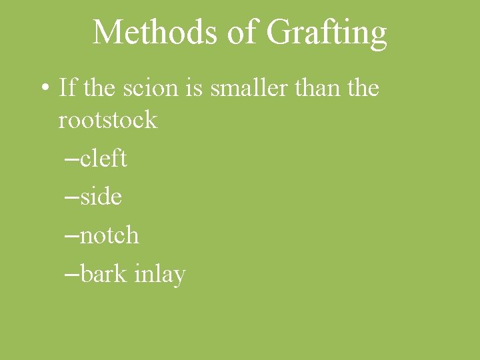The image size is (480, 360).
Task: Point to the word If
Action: click(67, 87)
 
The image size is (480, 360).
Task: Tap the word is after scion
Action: click(195, 87)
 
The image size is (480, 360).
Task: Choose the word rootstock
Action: click(108, 121)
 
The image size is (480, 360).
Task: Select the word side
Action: click(101, 197)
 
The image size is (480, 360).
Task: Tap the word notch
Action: click(109, 235)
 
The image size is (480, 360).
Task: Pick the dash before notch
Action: click(73, 236)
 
